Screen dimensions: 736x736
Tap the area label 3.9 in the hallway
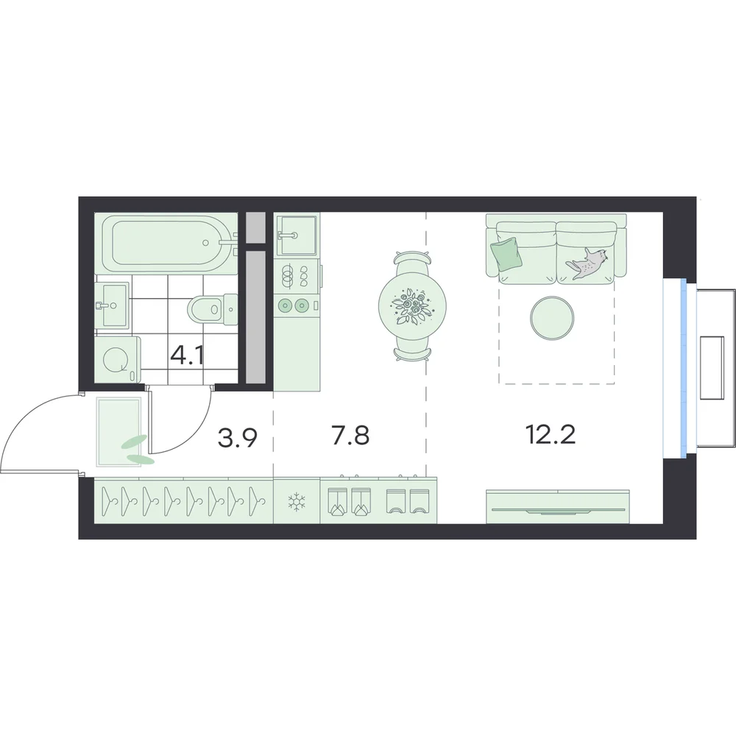(x=238, y=438)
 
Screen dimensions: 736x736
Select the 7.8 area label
(x=350, y=435)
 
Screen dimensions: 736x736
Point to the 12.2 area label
(x=551, y=435)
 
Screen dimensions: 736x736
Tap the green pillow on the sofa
(x=506, y=253)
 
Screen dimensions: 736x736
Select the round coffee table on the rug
(x=551, y=318)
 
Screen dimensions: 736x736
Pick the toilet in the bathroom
(x=213, y=309)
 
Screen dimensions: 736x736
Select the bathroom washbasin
(x=112, y=305)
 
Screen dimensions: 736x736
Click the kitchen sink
(x=296, y=234)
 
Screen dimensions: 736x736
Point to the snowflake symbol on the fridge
(x=297, y=502)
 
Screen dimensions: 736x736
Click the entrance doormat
(x=118, y=432)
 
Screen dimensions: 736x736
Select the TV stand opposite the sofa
(x=557, y=506)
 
